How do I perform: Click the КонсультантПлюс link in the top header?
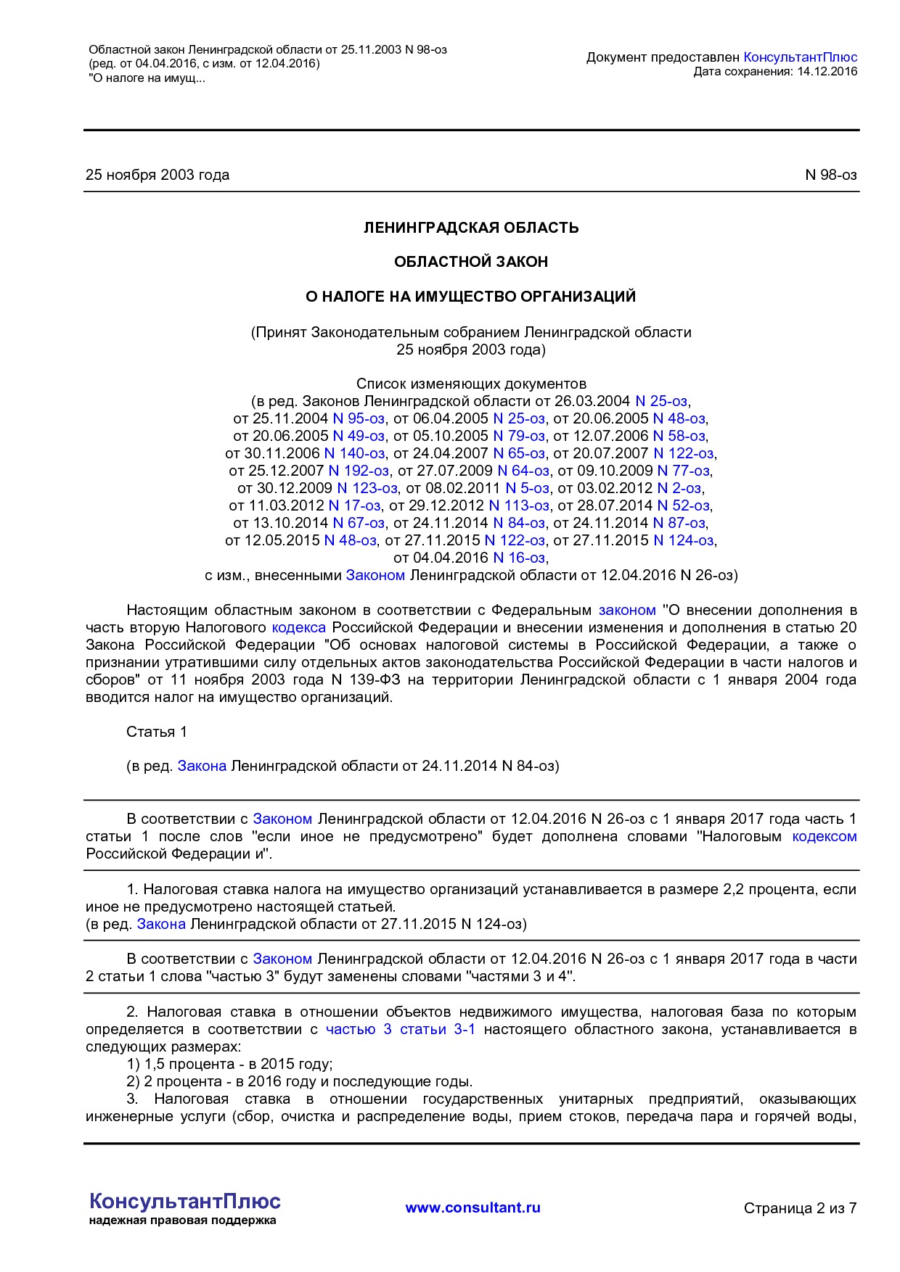(800, 57)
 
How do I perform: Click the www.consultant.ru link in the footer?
(472, 1207)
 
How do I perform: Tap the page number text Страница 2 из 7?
(800, 1208)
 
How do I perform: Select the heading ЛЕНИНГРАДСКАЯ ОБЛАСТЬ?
(471, 228)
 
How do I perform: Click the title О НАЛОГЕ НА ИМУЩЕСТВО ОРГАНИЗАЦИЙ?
(471, 297)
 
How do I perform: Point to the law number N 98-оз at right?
(831, 175)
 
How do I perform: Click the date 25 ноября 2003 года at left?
(157, 175)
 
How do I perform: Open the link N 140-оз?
(354, 453)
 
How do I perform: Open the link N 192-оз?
(359, 471)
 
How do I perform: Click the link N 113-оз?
(519, 505)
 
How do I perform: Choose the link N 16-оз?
(519, 558)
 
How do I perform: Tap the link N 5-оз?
(528, 488)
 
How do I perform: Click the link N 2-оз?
(679, 488)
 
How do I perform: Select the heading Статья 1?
(157, 732)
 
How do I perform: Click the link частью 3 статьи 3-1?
(401, 1029)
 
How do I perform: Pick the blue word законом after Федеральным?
(627, 610)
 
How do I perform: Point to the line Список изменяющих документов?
(471, 384)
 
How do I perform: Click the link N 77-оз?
(684, 471)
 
